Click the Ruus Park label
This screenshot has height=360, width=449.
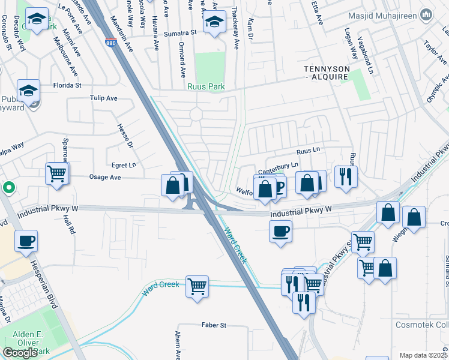pyautogui.click(x=206, y=87)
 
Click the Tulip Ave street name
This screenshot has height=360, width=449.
pyautogui.click(x=103, y=98)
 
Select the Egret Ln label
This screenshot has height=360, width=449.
pyautogui.click(x=124, y=164)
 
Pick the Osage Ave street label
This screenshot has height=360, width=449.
pyautogui.click(x=106, y=178)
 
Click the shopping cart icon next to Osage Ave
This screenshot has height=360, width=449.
pyautogui.click(x=57, y=174)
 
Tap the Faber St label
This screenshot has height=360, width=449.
pyautogui.click(x=214, y=325)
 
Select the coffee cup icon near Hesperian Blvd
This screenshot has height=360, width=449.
pyautogui.click(x=26, y=241)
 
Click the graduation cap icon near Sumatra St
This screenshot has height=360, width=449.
pyautogui.click(x=214, y=23)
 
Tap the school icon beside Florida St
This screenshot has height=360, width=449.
pyautogui.click(x=28, y=91)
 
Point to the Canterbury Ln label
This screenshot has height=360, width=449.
pyautogui.click(x=278, y=165)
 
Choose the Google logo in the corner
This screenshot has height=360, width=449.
pyautogui.click(x=19, y=353)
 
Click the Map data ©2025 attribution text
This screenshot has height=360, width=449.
pyautogui.click(x=423, y=355)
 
